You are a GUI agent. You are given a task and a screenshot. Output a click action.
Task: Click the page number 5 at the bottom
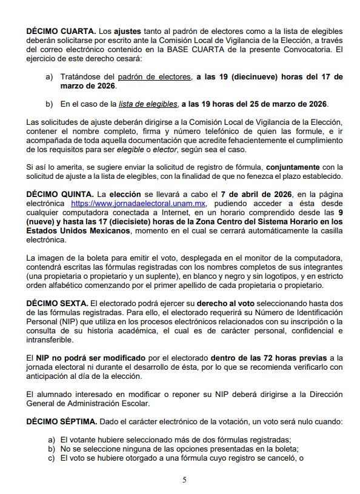click(x=184, y=480)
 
